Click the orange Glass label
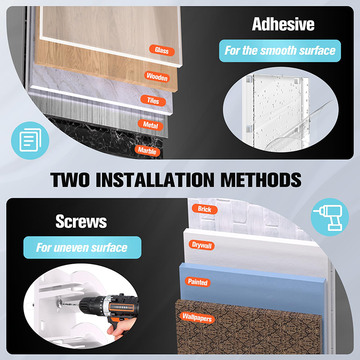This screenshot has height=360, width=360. click(x=162, y=50)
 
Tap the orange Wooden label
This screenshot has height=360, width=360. click(x=157, y=76)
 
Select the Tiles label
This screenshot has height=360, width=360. click(x=153, y=100)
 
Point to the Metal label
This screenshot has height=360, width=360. click(x=150, y=125)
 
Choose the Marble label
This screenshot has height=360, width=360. click(x=147, y=151)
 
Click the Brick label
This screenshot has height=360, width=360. click(x=205, y=209)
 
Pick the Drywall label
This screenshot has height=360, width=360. click(x=202, y=245)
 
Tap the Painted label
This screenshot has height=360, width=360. click(x=198, y=282)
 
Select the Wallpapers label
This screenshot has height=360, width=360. click(x=197, y=318)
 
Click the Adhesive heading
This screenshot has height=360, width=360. click(x=283, y=24)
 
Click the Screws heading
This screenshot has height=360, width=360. click(x=81, y=221)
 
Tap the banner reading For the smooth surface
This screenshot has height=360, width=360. click(x=280, y=51)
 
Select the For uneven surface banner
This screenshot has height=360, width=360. click(x=82, y=247)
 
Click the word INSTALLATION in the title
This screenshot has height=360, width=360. click(x=155, y=180)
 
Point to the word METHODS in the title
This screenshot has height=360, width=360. click(x=261, y=180)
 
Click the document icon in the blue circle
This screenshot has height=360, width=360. click(x=30, y=140)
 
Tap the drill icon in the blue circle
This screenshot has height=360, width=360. click(x=330, y=217)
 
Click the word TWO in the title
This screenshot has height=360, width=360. click(x=70, y=180)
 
